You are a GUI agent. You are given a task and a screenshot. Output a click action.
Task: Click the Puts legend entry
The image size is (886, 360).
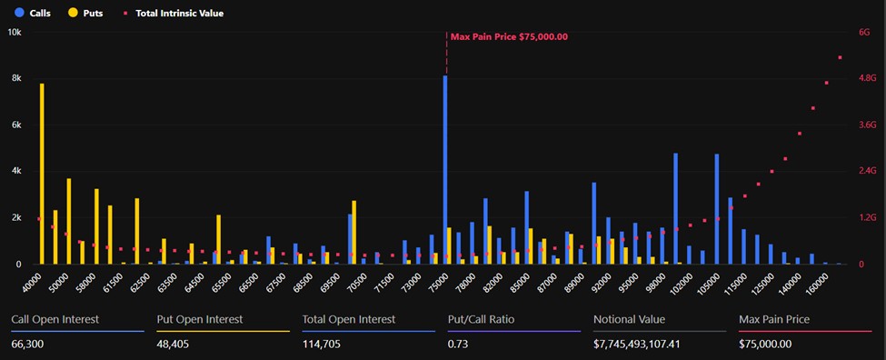(86, 14)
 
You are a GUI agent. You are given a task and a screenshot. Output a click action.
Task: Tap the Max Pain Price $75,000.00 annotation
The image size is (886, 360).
(509, 36)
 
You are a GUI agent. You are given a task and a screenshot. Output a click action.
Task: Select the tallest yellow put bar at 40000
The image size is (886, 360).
(42, 174)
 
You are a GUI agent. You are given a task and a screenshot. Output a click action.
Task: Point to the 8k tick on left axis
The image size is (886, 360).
(15, 79)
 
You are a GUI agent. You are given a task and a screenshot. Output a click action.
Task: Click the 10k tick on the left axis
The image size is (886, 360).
(15, 32)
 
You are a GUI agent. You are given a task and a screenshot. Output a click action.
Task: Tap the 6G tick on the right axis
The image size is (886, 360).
(864, 32)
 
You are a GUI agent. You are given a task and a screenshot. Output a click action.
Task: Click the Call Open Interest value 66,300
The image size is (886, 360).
(30, 344)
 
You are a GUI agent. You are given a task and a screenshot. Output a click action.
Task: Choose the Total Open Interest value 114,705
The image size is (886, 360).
(325, 344)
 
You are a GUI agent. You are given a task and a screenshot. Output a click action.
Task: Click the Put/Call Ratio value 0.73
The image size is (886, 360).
(459, 344)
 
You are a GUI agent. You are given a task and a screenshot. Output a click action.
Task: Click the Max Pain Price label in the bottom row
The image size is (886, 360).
(774, 319)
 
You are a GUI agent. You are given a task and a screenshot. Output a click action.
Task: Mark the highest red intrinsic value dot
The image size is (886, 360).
(841, 57)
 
